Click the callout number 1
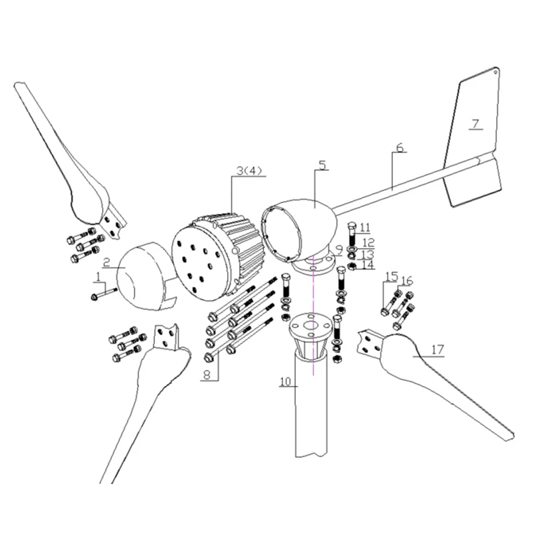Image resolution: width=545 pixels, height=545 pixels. coord(98,277)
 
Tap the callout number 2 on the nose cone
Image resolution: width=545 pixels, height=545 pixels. coord(107,262)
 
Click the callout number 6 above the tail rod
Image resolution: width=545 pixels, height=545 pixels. coord(399,148)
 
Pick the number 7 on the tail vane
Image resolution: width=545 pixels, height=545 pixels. coord(475,124)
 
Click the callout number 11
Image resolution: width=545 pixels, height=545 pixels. coord(365,227)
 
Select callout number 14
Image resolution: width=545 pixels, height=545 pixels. coord(368,264)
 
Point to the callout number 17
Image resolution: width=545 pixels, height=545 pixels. coord(438,350)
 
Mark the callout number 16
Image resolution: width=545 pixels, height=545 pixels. coord(407,281)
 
